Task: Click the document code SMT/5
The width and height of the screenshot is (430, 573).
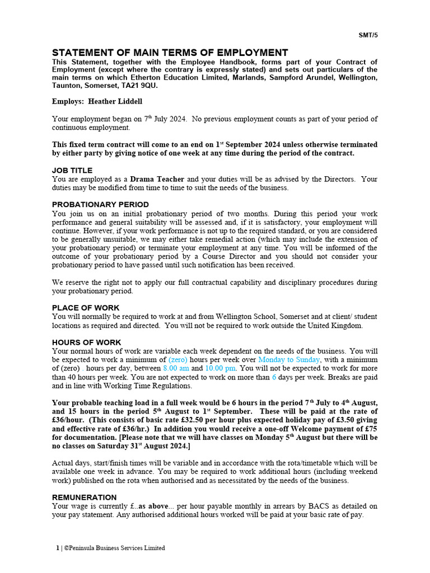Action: point(368,35)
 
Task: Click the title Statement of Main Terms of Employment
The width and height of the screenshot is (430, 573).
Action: point(170,53)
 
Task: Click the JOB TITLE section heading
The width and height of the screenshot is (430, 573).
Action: point(72,170)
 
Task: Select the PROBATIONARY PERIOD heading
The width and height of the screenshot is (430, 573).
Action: point(100,204)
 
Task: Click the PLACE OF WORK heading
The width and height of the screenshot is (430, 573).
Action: point(86,308)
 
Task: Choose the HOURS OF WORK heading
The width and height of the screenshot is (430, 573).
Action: point(86,342)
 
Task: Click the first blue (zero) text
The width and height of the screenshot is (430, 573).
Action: point(177,360)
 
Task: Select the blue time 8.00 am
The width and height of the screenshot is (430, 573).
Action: point(176,369)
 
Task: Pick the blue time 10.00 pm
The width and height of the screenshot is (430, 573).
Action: point(221,369)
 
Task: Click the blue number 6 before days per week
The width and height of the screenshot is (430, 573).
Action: point(274,377)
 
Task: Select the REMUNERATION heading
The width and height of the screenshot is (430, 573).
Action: point(84,497)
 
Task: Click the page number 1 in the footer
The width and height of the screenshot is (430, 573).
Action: point(57,548)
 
